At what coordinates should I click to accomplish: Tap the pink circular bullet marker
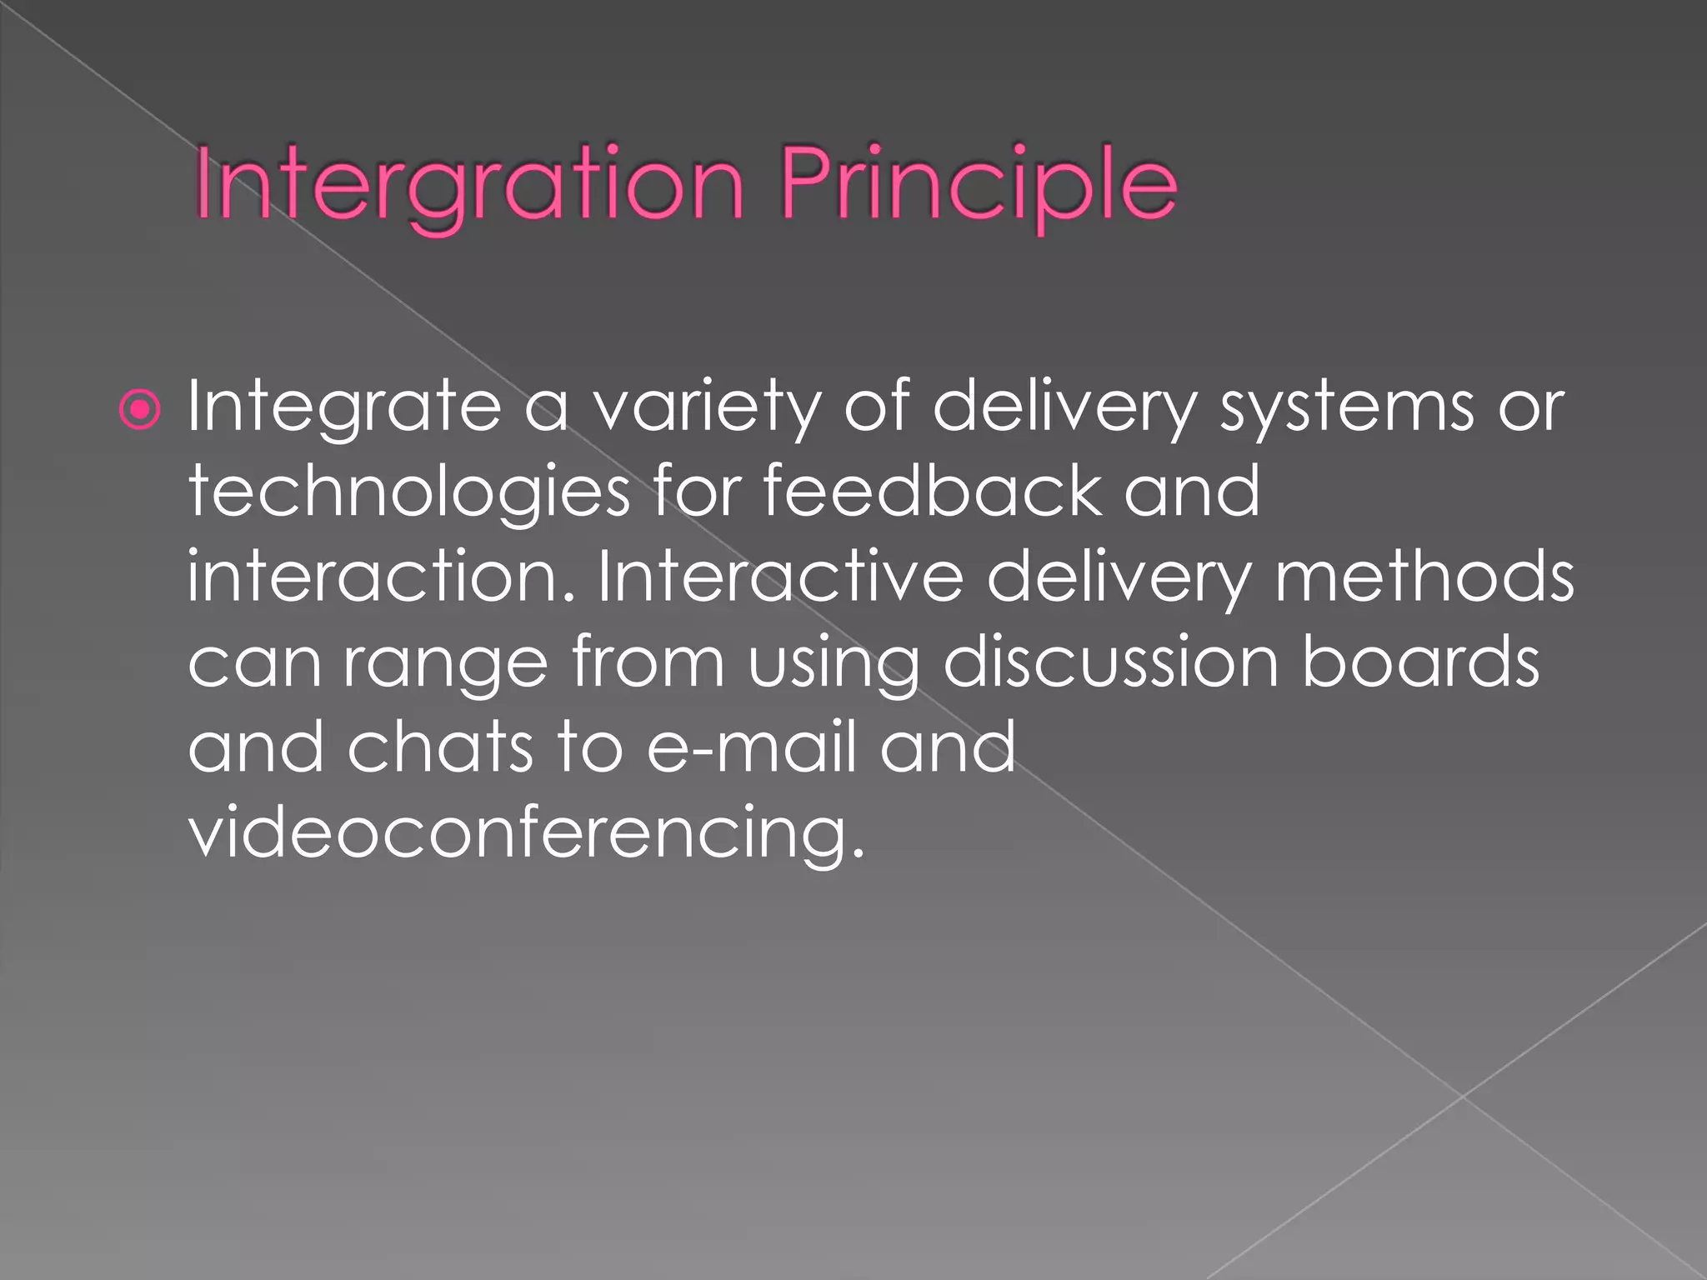[x=139, y=409]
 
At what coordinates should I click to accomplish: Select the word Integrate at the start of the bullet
[x=343, y=407]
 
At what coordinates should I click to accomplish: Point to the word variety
[x=705, y=407]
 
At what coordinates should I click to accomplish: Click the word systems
[x=1347, y=407]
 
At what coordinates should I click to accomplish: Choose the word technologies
[x=408, y=492]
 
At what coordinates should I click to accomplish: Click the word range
[x=446, y=664]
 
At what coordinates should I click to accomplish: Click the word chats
[x=439, y=747]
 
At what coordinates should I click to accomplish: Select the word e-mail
[x=752, y=747]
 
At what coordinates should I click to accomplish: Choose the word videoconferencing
[x=527, y=833]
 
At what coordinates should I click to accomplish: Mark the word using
[x=833, y=664]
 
